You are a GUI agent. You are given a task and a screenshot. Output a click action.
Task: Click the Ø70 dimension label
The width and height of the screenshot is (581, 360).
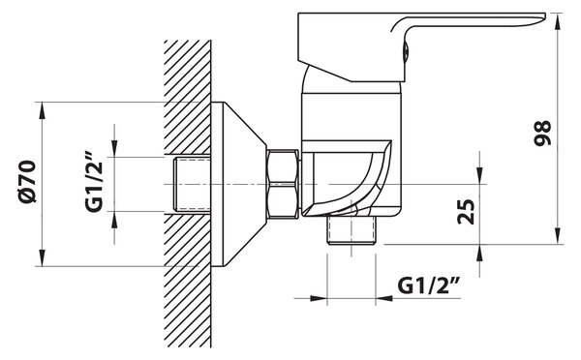coord(28,182)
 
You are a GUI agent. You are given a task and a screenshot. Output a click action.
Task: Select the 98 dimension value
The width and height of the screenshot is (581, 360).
coord(542,133)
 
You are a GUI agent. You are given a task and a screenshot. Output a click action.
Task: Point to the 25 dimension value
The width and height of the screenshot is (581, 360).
coord(466,212)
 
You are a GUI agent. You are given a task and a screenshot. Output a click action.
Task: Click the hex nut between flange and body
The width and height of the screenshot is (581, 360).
coord(283,184)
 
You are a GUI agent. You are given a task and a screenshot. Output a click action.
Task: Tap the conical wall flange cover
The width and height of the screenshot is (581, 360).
coord(238,184)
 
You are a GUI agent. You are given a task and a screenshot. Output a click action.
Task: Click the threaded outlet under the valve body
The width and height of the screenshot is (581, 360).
coord(352,230)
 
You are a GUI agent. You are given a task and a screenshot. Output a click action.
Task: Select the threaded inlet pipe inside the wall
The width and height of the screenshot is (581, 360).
coord(192,184)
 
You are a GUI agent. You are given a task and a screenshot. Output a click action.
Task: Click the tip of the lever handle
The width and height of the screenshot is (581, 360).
coord(544,15)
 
